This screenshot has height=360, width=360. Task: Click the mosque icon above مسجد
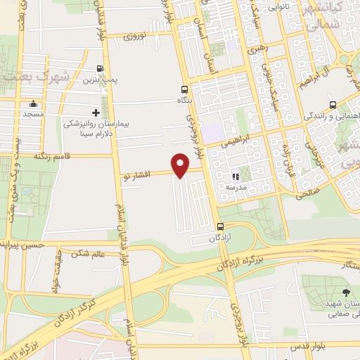[32, 103]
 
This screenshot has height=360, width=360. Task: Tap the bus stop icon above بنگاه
[184, 89]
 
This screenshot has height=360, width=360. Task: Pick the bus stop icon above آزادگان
[221, 226]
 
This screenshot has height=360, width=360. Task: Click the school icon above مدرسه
[236, 176]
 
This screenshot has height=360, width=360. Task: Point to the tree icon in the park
[344, 290]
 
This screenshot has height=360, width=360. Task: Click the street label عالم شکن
[90, 253]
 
